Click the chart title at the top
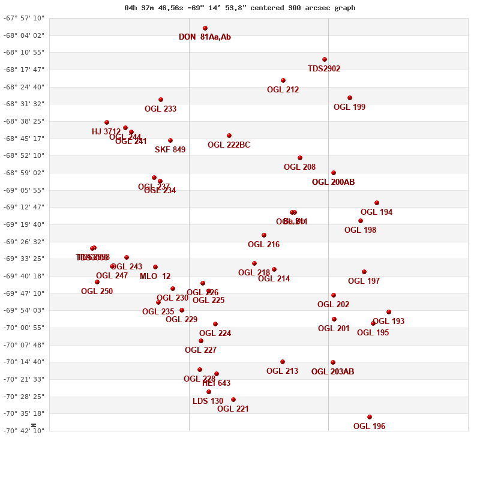240,8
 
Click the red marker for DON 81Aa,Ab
205,28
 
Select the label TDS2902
324,69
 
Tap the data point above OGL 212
283,80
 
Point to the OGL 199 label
349,107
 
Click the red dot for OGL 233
161,100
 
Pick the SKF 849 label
170,150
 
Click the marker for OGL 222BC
229,136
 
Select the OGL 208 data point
300,158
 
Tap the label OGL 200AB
333,182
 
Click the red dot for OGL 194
377,203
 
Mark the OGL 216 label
263,245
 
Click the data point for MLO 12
155,267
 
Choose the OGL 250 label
97,292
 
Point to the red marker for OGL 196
370,417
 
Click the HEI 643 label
216,383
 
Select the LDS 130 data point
209,392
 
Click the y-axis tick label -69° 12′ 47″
24,208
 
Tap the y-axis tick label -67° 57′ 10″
24,19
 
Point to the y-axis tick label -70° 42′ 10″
24,431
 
